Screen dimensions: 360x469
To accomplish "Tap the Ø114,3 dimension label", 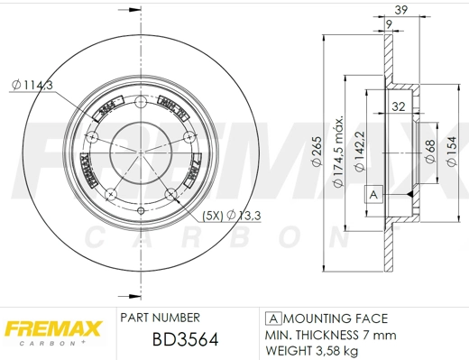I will [33, 85].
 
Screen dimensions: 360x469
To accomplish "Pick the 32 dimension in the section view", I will [398, 107].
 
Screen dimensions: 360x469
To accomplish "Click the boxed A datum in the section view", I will [372, 194].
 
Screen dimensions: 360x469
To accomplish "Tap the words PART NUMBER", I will [160, 318].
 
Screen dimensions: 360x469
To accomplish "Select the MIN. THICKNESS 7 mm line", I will [330, 335].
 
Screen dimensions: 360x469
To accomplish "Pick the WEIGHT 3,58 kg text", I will [311, 350].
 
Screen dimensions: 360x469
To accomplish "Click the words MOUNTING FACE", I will [335, 318].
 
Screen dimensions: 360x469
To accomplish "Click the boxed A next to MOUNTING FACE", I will [273, 318].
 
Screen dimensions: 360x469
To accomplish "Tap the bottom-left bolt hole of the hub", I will [110, 194].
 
